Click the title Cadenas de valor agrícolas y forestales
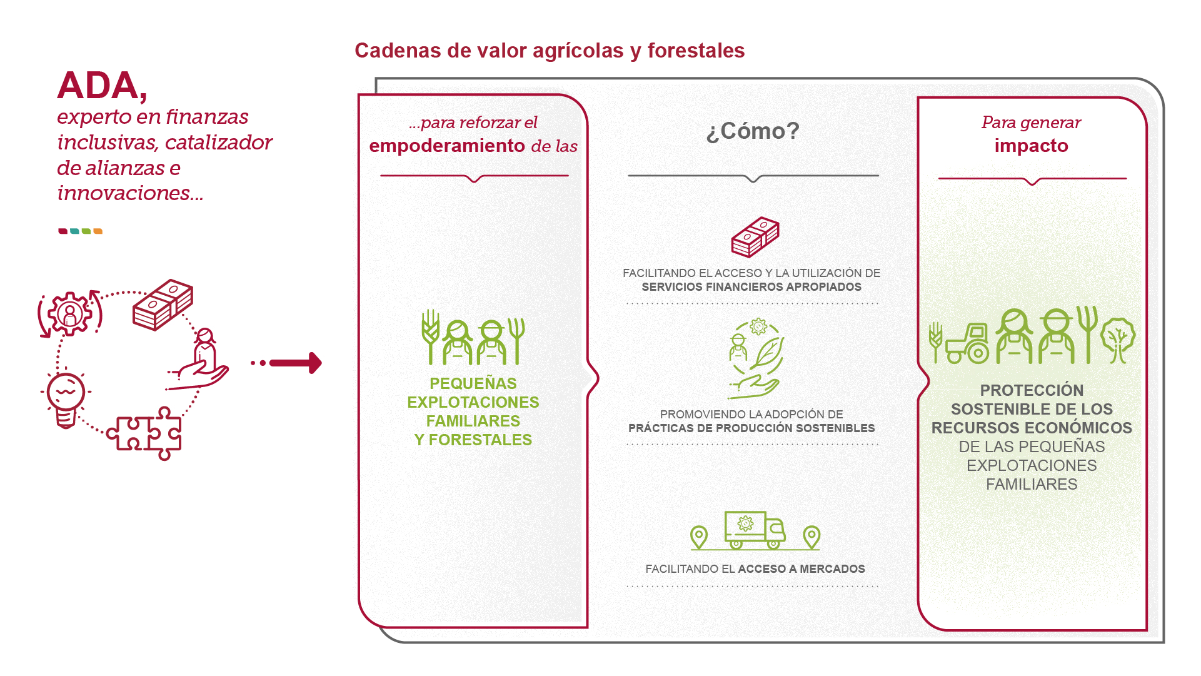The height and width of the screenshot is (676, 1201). pyautogui.click(x=549, y=51)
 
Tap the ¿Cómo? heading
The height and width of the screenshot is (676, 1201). pyautogui.click(x=752, y=131)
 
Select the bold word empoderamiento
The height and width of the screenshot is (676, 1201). pyautogui.click(x=446, y=146)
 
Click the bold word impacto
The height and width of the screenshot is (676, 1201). pyautogui.click(x=1031, y=146)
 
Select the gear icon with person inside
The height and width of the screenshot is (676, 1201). pyautogui.click(x=70, y=313)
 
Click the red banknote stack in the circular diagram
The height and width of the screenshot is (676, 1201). pyautogui.click(x=163, y=305)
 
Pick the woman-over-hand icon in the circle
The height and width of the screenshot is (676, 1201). pyautogui.click(x=201, y=361)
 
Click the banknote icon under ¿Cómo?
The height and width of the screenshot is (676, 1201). pyautogui.click(x=755, y=237)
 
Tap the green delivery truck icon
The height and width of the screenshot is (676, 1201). pyautogui.click(x=754, y=530)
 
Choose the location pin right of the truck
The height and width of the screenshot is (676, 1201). pyautogui.click(x=811, y=537)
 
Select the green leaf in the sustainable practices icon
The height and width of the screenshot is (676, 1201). pyautogui.click(x=768, y=353)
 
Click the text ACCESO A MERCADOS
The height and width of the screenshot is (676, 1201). pyautogui.click(x=801, y=569)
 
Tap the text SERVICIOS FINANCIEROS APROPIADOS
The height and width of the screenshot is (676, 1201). pyautogui.click(x=751, y=287)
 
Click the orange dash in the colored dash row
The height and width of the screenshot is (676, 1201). pyautogui.click(x=98, y=231)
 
